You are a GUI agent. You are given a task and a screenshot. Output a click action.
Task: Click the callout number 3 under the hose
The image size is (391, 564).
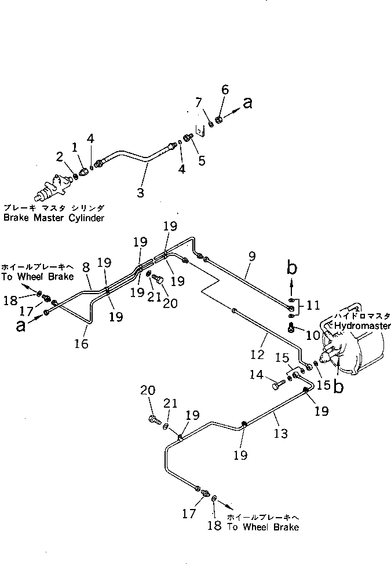(x=140, y=192)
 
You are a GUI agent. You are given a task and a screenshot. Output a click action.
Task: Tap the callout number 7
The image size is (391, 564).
(x=198, y=102)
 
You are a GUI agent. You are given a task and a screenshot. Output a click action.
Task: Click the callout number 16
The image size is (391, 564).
(x=82, y=344)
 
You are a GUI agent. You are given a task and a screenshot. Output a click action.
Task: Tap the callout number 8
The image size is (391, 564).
(x=86, y=268)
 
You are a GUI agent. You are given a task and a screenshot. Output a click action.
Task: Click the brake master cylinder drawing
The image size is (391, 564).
(x=53, y=186)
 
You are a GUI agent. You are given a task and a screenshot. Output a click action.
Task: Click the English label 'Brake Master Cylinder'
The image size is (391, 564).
(x=53, y=218)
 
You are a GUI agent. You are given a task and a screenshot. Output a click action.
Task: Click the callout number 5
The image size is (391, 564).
(x=202, y=160)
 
